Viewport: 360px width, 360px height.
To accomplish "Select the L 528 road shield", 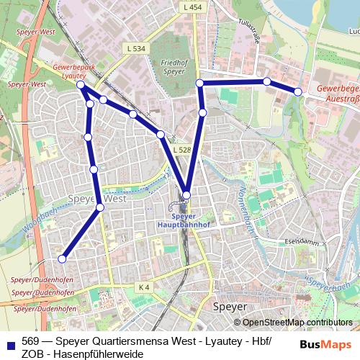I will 181,150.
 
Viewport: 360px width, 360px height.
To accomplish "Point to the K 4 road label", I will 143,287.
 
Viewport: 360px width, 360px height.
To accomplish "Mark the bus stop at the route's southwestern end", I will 63,258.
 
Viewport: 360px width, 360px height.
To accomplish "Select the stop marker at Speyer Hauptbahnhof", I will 186,194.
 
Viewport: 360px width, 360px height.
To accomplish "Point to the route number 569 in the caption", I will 30,341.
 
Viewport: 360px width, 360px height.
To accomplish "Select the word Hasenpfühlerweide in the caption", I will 94,354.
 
